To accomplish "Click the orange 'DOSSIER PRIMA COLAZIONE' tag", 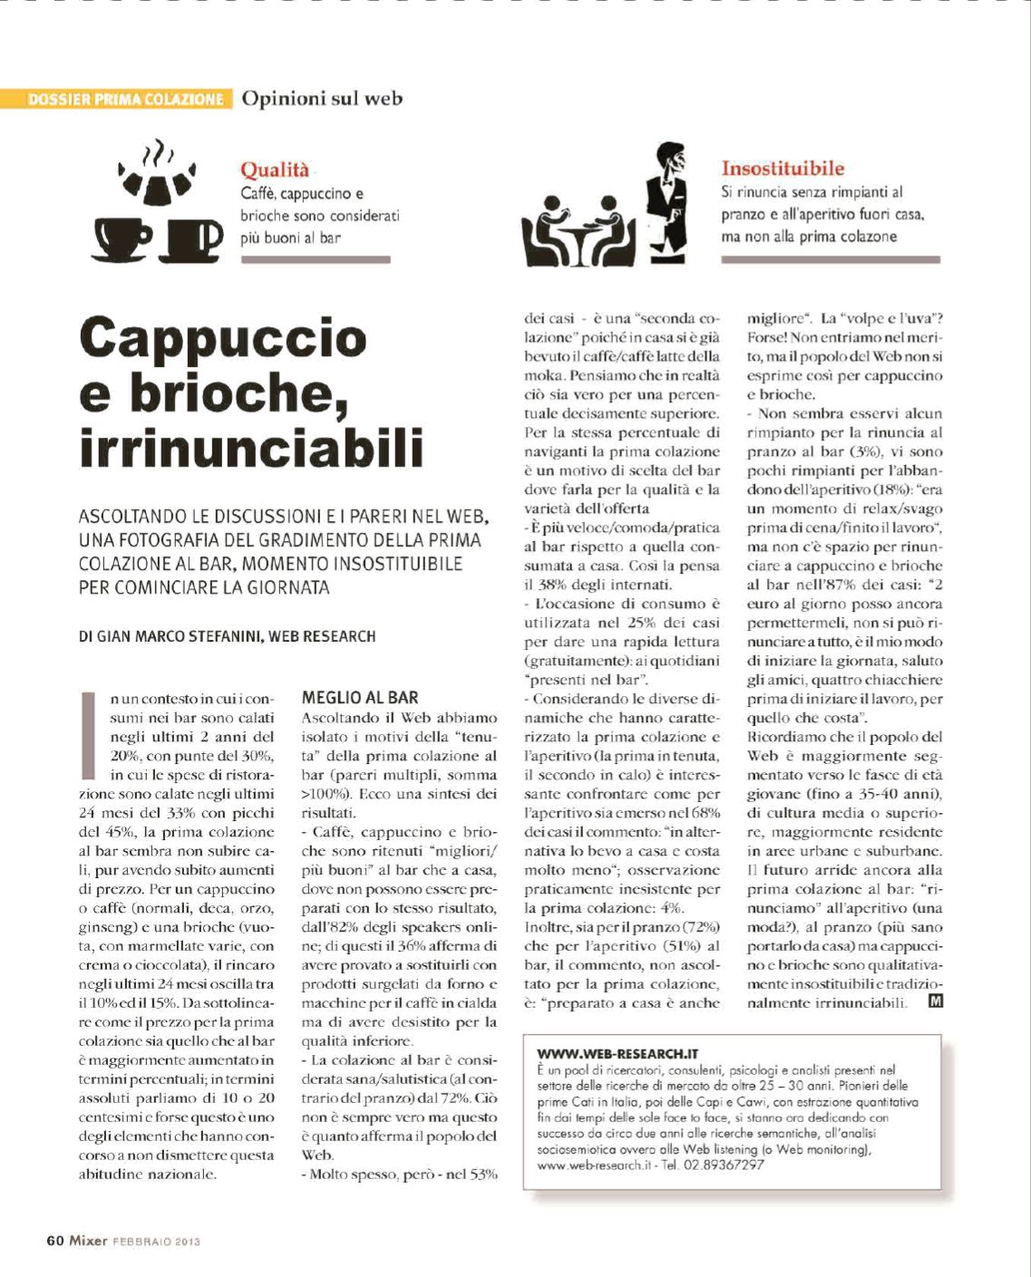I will coord(126,99).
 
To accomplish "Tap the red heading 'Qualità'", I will coord(274,169).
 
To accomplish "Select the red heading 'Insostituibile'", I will coord(783,168).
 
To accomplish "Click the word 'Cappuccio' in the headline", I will coord(223,338).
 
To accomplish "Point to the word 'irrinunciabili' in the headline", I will coord(251,450).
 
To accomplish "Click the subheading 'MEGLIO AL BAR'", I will coord(360,697).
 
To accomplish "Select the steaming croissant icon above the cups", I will coord(157,179).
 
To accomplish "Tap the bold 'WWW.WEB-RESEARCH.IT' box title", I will coord(618,1054).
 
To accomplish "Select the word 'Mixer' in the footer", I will coord(89,1241).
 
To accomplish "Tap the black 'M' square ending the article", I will coord(935,1001).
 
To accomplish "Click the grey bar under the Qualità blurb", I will coord(315,259).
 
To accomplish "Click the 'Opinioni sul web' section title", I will coord(322,98).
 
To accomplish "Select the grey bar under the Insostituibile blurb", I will coord(830,259).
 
